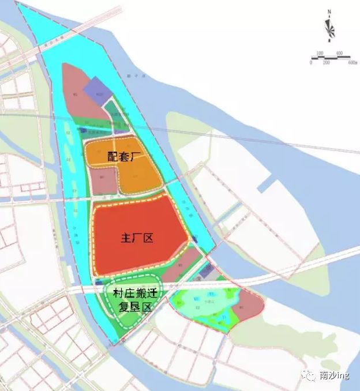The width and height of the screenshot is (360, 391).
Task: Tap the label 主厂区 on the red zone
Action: click(137, 238)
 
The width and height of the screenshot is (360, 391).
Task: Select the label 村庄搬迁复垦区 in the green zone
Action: click(132, 300)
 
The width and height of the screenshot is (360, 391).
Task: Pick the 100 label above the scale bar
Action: click(320, 53)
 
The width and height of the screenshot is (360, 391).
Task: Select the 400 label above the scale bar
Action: click(339, 53)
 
